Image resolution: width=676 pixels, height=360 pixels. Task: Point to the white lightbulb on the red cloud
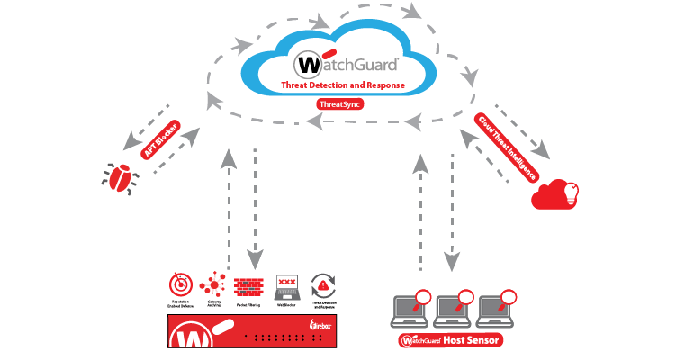tap(569, 192)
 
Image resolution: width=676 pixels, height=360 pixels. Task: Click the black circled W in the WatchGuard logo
tap(308, 65)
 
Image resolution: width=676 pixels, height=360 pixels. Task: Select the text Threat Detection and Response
tap(343, 85)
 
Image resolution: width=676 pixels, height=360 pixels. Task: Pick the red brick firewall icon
tap(248, 286)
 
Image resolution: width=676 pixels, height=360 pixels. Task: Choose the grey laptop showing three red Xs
tap(286, 285)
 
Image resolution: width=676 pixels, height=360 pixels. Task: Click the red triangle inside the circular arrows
tap(323, 287)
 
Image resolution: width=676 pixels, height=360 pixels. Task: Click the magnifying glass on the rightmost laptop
tap(509, 298)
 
